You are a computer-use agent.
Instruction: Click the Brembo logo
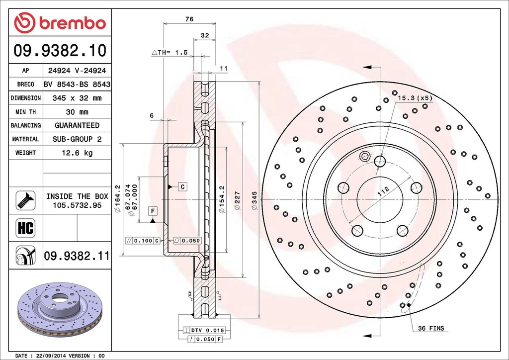coord(60,23)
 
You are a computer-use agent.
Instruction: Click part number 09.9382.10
coord(60,50)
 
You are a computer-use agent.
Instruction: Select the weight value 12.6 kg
coord(77,153)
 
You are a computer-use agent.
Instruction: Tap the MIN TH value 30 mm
coord(77,112)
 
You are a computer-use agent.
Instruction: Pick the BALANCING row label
coord(26,125)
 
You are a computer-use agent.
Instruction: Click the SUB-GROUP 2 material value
coord(77,139)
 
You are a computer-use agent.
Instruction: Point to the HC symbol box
coord(25,228)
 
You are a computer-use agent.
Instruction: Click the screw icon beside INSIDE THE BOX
coord(25,200)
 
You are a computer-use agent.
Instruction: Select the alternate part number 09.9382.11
coord(77,256)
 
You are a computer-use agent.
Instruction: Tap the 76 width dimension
coord(189,19)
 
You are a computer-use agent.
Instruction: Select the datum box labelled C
coord(182,186)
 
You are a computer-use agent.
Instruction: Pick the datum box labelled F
coord(153,210)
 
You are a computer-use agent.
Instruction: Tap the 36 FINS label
coord(430,328)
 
